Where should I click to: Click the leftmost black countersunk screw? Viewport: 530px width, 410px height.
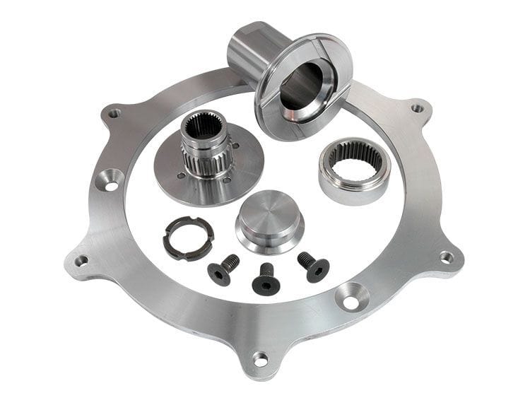click(221, 270)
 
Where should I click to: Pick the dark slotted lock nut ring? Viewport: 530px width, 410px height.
click(189, 238)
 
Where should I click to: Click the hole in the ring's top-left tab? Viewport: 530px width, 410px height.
click(114, 112)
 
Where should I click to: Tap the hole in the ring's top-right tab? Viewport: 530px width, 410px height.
click(418, 108)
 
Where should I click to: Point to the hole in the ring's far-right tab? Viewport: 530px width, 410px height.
click(446, 257)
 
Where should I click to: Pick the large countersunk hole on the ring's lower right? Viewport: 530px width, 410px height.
click(351, 298)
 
